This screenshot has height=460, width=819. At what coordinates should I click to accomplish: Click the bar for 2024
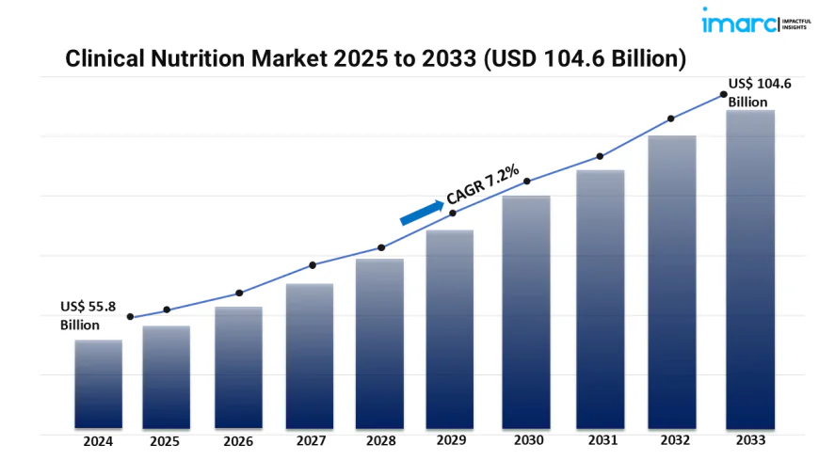click(x=99, y=383)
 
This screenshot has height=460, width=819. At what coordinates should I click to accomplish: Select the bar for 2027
click(x=310, y=355)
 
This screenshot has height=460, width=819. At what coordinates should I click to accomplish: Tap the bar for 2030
click(x=525, y=310)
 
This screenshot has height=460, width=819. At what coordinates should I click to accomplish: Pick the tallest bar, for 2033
click(x=750, y=268)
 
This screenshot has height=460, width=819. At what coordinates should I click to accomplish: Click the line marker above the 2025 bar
click(x=167, y=309)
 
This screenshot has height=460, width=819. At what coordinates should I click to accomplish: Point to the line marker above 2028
click(x=381, y=247)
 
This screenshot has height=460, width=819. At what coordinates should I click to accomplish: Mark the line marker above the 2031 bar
click(x=600, y=157)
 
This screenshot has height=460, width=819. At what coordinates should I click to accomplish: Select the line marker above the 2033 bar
click(x=723, y=94)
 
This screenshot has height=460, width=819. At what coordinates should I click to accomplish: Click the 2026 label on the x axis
click(x=237, y=440)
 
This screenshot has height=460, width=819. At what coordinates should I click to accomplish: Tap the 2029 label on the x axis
click(x=453, y=440)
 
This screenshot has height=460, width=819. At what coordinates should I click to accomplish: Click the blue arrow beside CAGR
click(x=422, y=212)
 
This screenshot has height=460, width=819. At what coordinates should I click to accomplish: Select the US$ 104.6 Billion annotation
click(x=760, y=92)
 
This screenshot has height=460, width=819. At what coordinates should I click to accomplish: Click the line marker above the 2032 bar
click(x=671, y=119)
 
